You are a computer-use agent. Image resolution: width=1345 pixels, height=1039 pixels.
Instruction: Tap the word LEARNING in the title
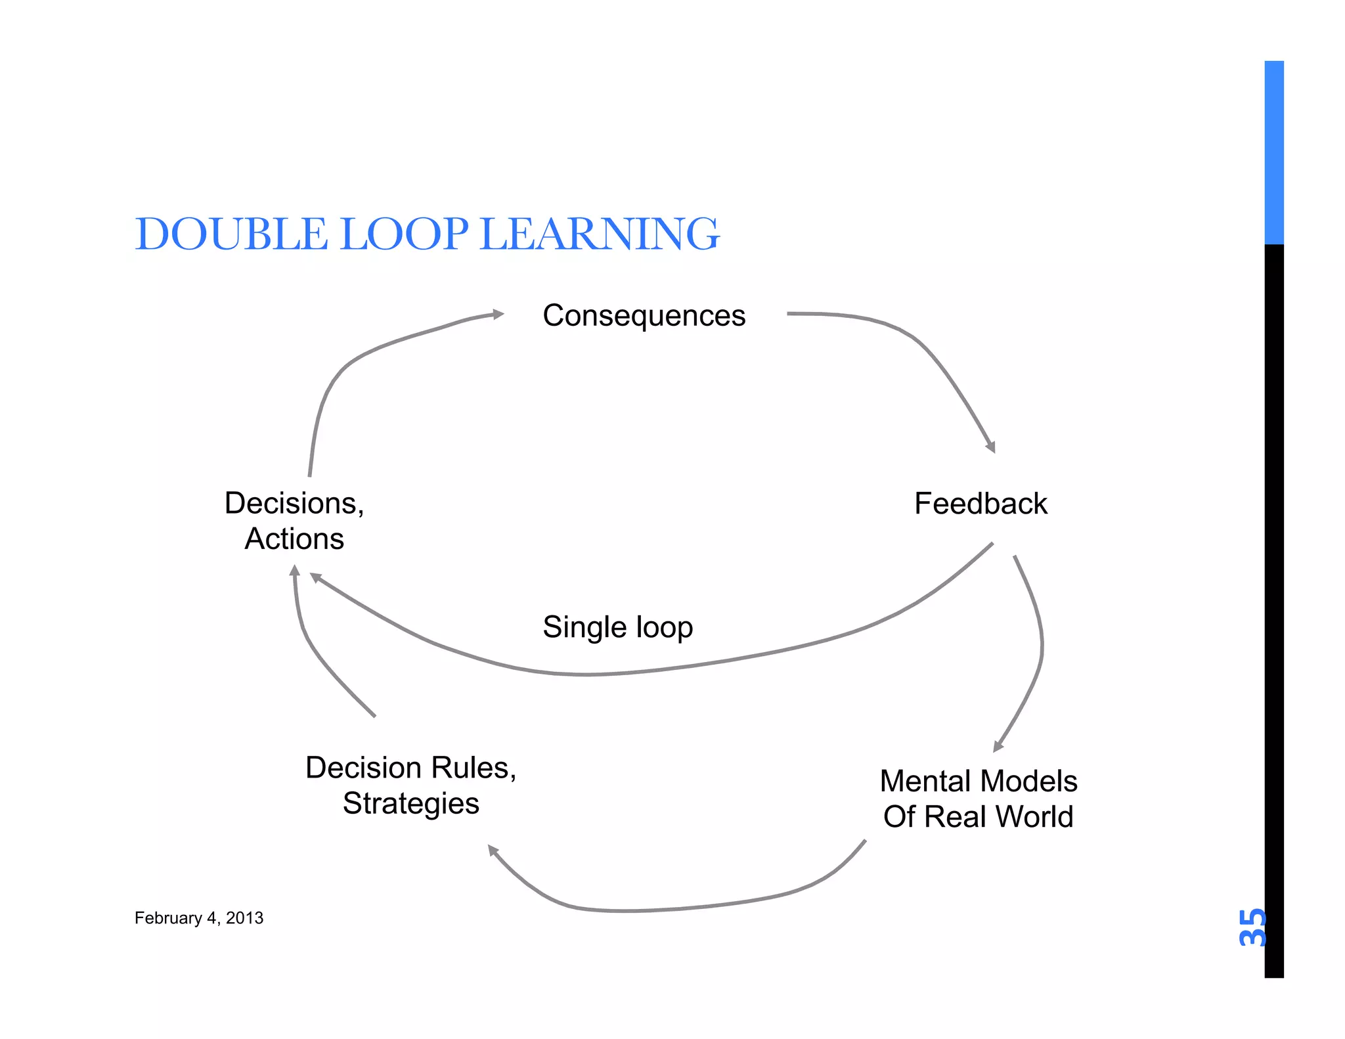[600, 234]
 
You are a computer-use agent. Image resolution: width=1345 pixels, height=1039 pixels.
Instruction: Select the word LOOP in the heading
[405, 234]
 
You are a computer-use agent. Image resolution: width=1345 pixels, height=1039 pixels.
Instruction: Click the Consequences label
[644, 316]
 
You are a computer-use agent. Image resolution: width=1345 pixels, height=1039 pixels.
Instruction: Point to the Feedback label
[981, 504]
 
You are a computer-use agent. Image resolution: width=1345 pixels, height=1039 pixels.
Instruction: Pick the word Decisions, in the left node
[294, 504]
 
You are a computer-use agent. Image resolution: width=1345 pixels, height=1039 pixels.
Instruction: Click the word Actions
[294, 539]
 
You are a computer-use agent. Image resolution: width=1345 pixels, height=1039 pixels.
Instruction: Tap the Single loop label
[617, 627]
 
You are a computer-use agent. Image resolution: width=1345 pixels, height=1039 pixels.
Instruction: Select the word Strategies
[411, 803]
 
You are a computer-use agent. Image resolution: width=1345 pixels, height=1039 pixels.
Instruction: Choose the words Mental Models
[979, 782]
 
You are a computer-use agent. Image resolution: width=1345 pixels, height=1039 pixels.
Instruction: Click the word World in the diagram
[1034, 817]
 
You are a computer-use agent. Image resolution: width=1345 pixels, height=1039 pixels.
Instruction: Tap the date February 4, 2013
[199, 918]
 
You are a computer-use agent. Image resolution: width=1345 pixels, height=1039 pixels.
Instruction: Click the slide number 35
[1252, 927]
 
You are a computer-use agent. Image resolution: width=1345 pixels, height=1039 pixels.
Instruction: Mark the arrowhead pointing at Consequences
[499, 315]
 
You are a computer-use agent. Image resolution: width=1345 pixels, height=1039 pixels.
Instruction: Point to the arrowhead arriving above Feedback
[991, 447]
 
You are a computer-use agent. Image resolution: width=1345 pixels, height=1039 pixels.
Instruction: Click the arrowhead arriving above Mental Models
[998, 746]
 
